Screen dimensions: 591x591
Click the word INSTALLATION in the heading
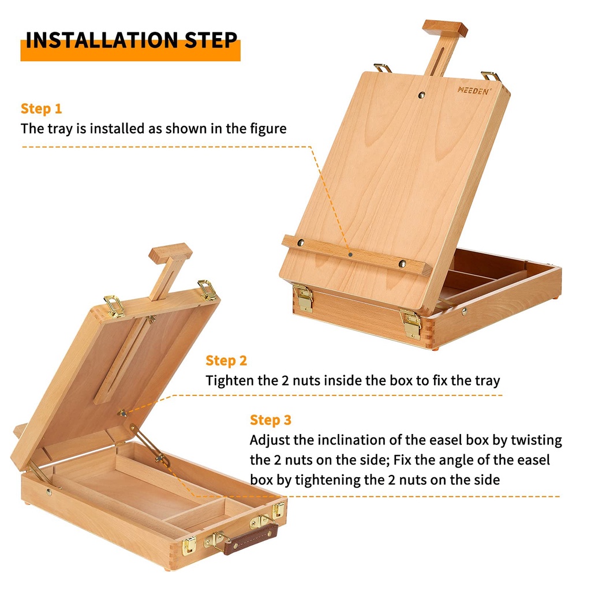click(x=102, y=40)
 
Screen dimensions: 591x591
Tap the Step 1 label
click(x=41, y=109)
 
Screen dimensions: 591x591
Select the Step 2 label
click(x=226, y=361)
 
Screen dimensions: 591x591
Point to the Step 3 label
click(x=271, y=420)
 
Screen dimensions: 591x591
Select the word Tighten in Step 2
click(x=230, y=381)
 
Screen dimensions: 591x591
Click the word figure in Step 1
click(x=268, y=129)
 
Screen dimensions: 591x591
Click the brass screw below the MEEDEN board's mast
click(x=422, y=95)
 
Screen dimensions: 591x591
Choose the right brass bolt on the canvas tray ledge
click(x=402, y=263)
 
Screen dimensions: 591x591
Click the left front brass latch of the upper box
click(x=305, y=298)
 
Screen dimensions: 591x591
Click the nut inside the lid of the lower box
click(x=122, y=413)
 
